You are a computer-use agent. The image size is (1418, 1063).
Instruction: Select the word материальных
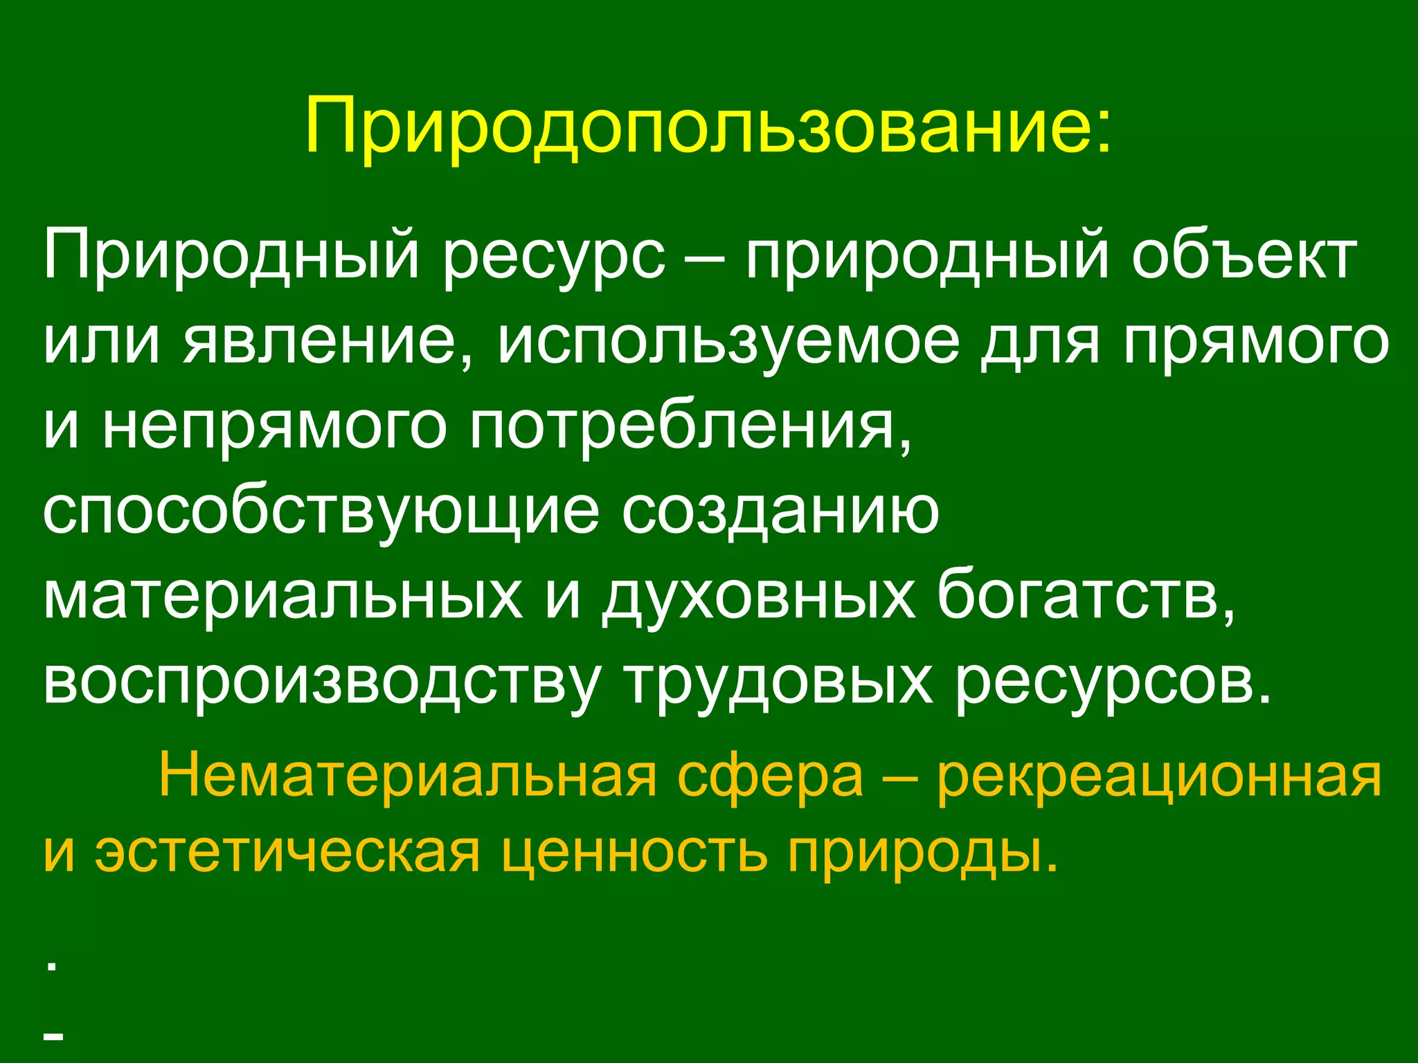click(x=282, y=597)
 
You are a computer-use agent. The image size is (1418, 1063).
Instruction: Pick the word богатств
click(x=1085, y=597)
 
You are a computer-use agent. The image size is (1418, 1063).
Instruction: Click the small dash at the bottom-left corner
click(x=54, y=1036)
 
